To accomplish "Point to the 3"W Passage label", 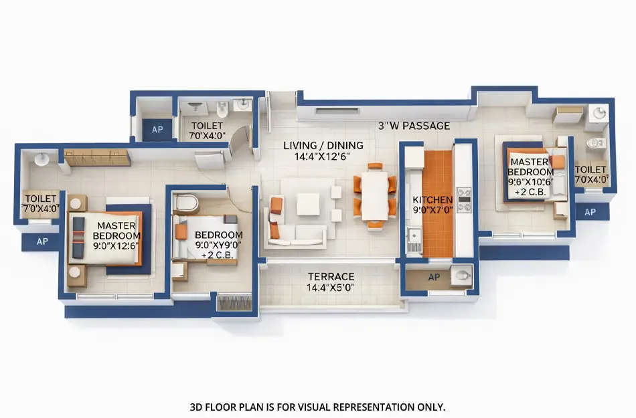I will click(414, 126).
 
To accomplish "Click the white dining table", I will click(375, 195).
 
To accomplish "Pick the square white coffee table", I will click(308, 204).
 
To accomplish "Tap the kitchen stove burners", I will click(463, 199).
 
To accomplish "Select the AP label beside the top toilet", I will click(157, 130).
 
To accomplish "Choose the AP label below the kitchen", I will click(434, 277).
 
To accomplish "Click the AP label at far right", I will click(590, 212).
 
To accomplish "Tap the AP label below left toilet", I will click(42, 241).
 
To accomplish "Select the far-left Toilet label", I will click(40, 202).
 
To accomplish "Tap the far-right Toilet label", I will click(592, 175).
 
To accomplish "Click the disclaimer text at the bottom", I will click(317, 407).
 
